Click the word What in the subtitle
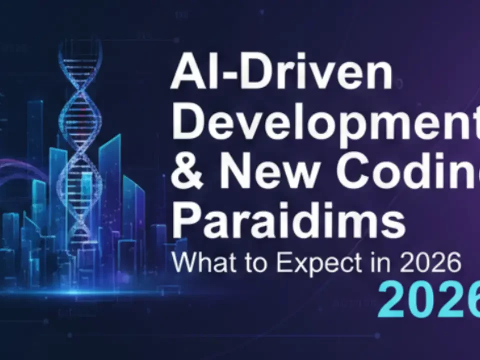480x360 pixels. click(x=199, y=263)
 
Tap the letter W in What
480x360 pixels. click(x=185, y=263)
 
